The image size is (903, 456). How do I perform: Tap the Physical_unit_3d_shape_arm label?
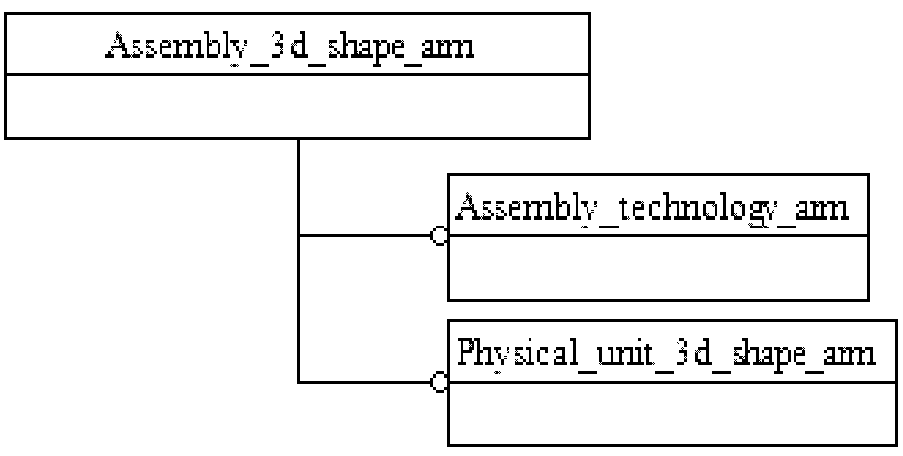coord(666,353)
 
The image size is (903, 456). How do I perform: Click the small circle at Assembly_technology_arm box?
coord(440,237)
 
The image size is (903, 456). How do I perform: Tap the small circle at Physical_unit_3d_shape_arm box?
coord(440,381)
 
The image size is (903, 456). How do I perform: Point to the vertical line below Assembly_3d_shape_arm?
coord(298,188)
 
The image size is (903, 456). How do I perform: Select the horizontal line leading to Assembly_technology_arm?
coord(366,237)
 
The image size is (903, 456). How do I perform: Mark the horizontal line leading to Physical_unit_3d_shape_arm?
coord(366,381)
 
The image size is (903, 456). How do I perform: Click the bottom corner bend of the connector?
coord(298,381)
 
